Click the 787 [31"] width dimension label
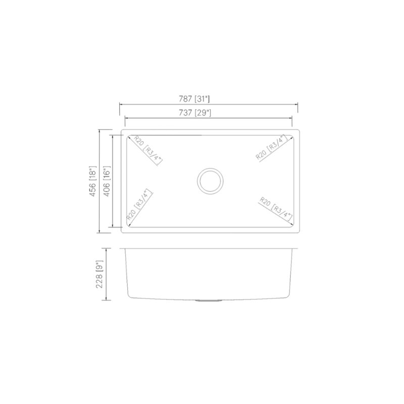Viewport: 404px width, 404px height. [209, 99]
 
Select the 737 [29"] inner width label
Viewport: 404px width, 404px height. [209, 113]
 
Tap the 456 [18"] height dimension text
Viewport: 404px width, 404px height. [92, 181]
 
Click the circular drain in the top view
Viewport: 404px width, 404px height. [209, 181]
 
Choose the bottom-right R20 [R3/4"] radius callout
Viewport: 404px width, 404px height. [275, 209]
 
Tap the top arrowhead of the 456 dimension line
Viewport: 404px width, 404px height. [99, 130]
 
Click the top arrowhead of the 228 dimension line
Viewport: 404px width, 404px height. [105, 249]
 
